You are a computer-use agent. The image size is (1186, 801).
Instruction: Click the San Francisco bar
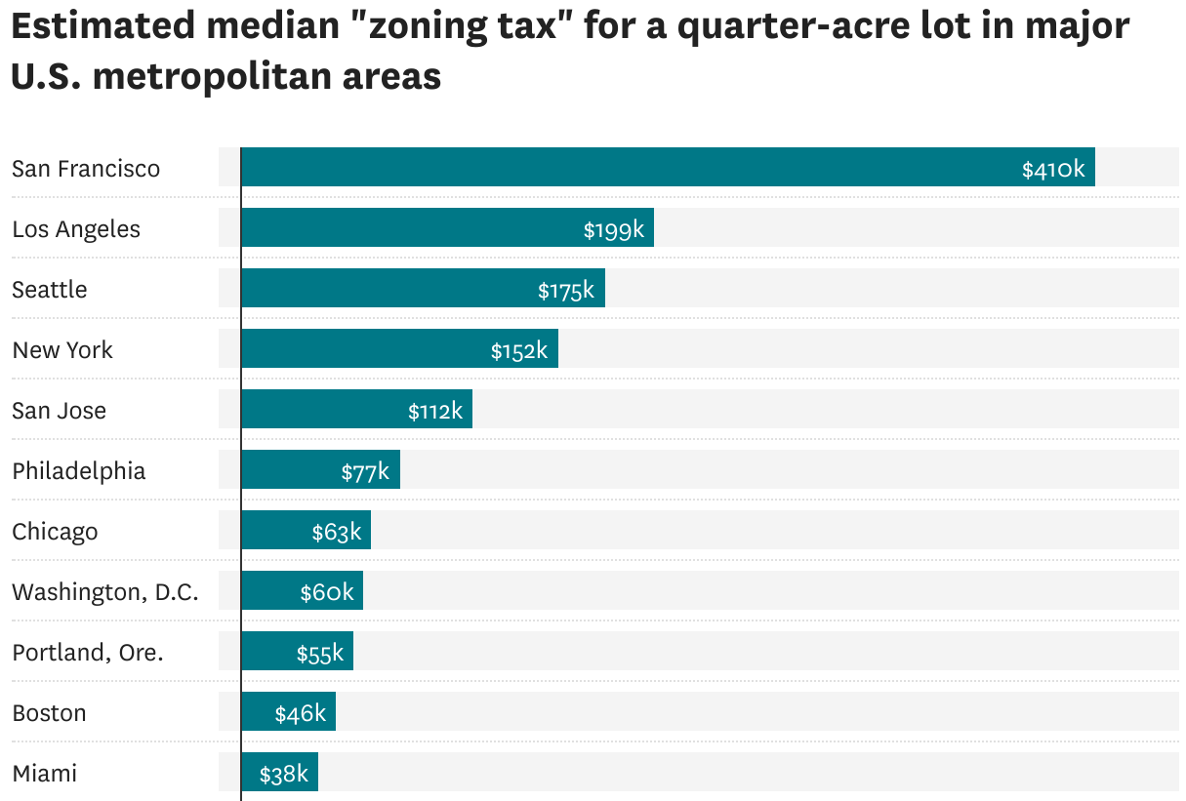[625, 167]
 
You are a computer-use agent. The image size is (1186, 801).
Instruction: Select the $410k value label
[1053, 169]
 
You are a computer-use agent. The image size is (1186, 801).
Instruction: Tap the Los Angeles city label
[76, 229]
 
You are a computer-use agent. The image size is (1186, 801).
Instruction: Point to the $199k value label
[614, 229]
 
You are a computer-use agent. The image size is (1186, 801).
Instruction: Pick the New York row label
[62, 350]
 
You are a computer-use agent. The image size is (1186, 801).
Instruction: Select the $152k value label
[519, 350]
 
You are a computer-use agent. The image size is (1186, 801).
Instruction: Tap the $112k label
[435, 411]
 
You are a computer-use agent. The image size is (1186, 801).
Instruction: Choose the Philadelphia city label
[79, 471]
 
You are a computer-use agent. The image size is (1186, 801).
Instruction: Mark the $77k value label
[365, 472]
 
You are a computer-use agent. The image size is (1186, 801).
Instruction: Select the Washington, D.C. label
[105, 592]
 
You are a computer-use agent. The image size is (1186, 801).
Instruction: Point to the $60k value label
[327, 592]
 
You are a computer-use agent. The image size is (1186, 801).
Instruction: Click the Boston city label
[49, 713]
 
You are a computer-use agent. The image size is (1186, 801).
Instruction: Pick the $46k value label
[300, 713]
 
